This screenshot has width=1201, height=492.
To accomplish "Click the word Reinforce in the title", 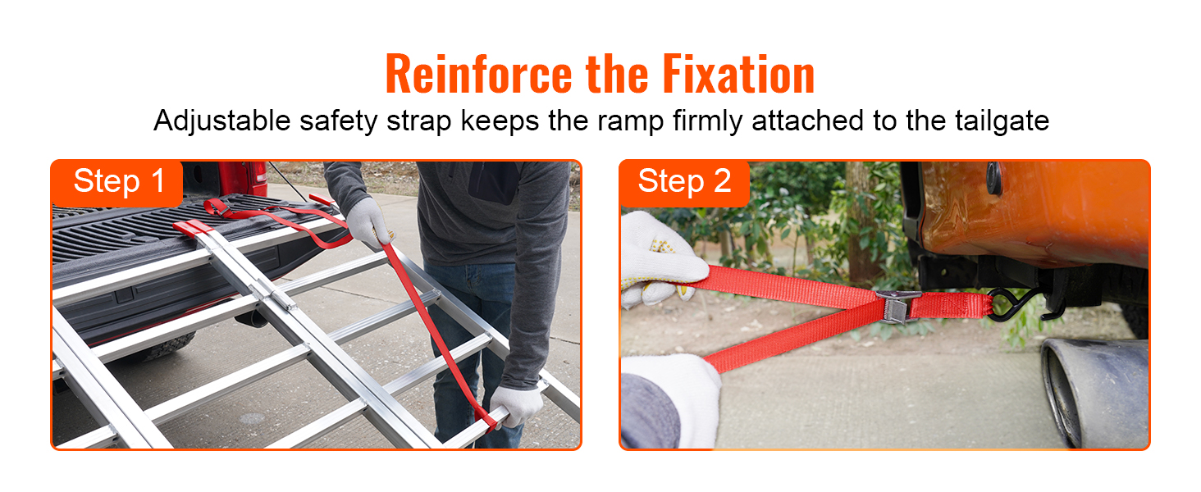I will tap(480, 75).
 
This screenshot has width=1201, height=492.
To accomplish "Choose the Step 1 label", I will tap(119, 181).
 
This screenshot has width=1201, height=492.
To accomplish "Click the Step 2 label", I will tap(684, 181).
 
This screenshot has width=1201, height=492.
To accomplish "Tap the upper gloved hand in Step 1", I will tap(367, 222).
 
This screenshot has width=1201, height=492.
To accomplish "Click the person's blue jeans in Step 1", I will tap(464, 328).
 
